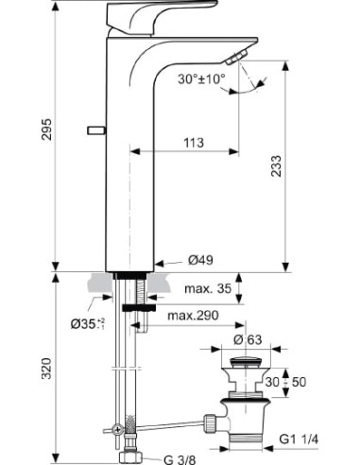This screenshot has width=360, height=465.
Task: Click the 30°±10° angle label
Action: point(202,79)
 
